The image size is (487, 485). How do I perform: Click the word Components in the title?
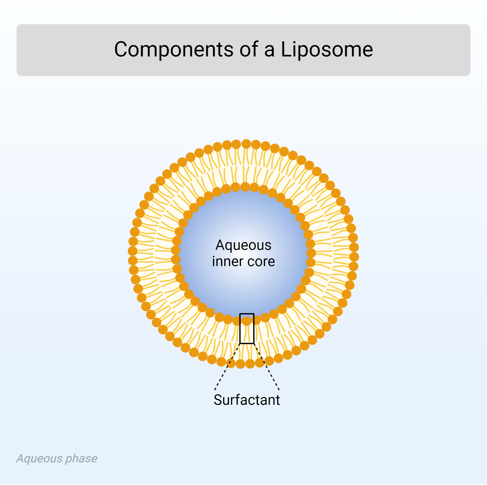[174, 50]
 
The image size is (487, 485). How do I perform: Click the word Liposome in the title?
[327, 50]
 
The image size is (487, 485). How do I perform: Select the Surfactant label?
[246, 400]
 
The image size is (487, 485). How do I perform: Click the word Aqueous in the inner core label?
[243, 245]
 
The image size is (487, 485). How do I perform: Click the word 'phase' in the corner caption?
[81, 458]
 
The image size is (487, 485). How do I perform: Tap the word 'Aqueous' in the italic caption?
[39, 458]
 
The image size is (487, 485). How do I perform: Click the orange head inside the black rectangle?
[246, 321]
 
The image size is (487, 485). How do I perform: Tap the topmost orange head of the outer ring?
[246, 144]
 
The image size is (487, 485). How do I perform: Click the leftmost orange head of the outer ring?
[133, 251]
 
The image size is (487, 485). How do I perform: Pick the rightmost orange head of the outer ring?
[354, 257]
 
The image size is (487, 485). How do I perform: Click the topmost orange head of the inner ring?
[245, 187]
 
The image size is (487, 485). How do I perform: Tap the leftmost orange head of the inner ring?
[176, 250]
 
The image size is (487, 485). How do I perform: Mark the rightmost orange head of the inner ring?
[311, 253]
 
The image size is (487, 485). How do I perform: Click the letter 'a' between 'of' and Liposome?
[269, 50]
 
